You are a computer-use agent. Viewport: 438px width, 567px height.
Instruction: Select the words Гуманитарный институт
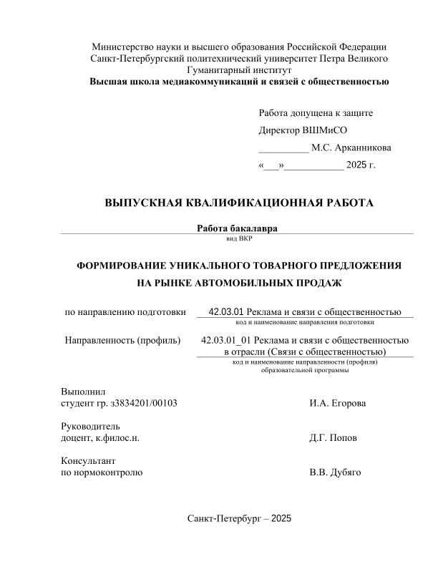tap(238, 69)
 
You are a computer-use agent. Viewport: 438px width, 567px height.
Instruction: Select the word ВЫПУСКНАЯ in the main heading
tap(145, 203)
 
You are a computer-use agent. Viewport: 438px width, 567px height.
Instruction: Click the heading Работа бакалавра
tap(237, 228)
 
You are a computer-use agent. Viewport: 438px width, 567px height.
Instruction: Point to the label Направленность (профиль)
tap(122, 340)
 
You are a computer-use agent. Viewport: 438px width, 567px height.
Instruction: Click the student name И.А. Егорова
tap(338, 403)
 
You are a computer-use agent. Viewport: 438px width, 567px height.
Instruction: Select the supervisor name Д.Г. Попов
tap(334, 437)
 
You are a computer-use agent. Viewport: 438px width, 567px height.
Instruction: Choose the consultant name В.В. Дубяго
tap(335, 472)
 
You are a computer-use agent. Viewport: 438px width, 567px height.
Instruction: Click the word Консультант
tap(89, 460)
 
